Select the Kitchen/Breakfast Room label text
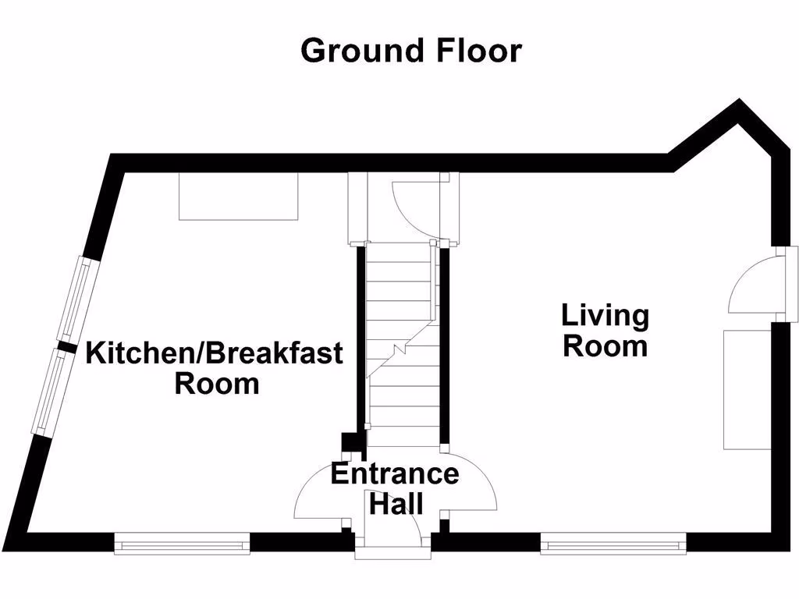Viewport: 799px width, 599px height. point(215,367)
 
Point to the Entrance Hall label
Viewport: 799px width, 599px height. point(395,488)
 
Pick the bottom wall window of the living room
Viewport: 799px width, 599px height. point(613,544)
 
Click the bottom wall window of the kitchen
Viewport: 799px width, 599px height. point(182,544)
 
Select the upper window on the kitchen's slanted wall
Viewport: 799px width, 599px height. point(78,301)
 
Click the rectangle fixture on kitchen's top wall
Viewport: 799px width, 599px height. point(239,197)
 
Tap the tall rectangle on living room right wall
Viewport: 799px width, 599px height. point(747,389)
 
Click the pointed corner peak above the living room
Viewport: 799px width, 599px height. point(739,106)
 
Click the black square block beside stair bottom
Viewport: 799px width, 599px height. point(352,443)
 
